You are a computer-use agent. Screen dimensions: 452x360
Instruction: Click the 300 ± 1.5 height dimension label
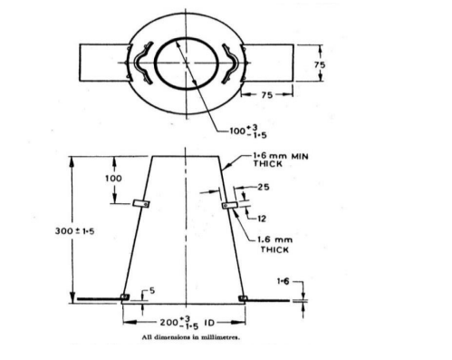(x=74, y=231)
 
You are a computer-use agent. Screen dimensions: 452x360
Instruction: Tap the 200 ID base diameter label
(x=188, y=323)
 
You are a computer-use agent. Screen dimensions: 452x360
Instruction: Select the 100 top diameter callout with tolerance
(x=248, y=131)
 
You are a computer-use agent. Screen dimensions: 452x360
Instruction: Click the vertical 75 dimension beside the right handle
(x=320, y=64)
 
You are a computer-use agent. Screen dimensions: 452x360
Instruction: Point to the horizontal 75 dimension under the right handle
(x=267, y=95)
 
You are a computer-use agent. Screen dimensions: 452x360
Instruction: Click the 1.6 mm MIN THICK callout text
(x=281, y=160)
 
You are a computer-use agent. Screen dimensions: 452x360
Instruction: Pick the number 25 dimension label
(x=264, y=187)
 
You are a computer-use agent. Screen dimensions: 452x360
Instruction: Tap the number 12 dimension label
(x=262, y=219)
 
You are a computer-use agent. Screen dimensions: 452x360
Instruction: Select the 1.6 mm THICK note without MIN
(x=274, y=245)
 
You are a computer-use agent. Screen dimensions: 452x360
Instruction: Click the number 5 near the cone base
(x=152, y=290)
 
